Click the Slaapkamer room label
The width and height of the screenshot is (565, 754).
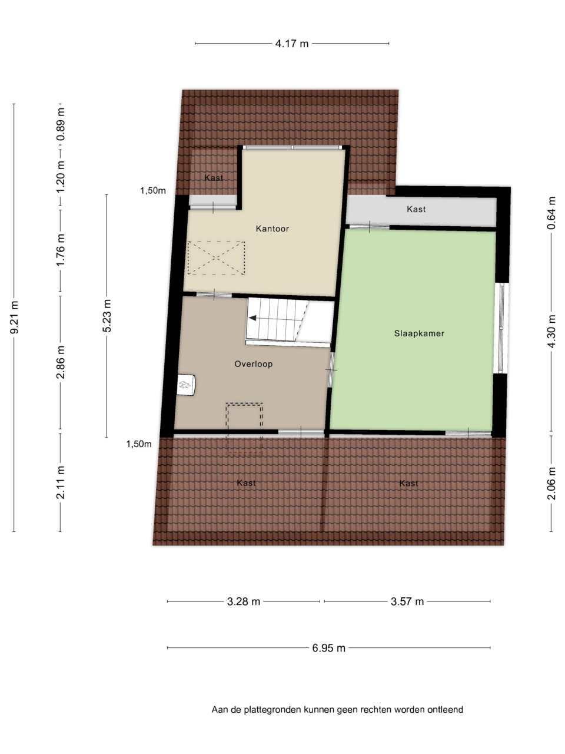point(419,333)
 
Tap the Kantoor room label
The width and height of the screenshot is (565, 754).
point(272,229)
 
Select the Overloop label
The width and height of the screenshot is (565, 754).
point(254,364)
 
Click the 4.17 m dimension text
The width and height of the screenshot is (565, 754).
point(291,44)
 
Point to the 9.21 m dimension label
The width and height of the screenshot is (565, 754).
point(14,317)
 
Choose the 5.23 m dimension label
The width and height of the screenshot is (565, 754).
point(107,316)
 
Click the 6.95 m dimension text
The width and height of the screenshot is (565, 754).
point(328,648)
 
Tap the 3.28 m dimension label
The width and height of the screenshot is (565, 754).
point(244,601)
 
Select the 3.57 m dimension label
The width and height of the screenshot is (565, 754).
point(407,601)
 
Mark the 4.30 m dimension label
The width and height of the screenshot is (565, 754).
point(551,332)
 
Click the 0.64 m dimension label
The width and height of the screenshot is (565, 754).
point(551,213)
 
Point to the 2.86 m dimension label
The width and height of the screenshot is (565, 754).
point(61,362)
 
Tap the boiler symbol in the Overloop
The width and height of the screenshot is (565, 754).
point(187,385)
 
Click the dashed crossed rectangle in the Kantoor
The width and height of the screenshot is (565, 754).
point(216,257)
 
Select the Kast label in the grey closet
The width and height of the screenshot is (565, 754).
point(416,209)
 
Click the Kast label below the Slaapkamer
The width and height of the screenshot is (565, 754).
point(408,484)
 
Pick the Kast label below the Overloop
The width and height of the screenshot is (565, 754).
point(247,483)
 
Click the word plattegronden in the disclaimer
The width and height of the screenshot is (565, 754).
point(272,710)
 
